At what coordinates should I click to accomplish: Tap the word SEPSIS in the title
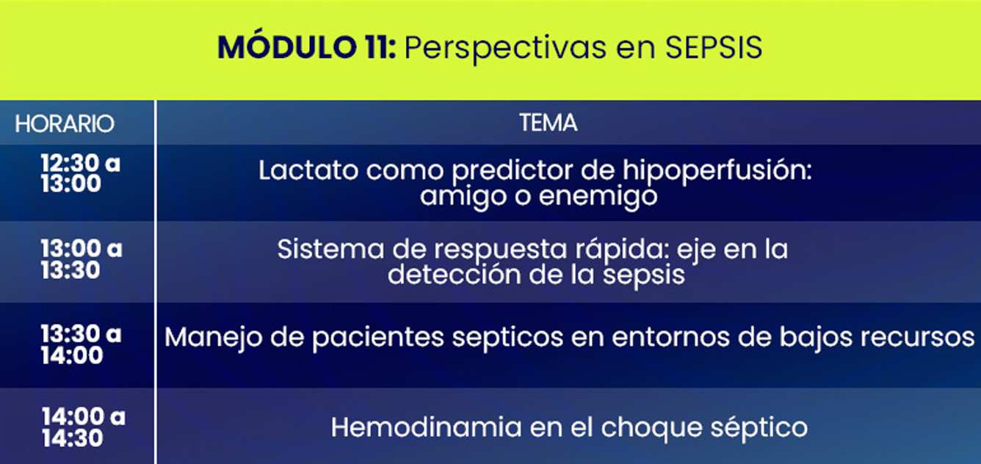[x=714, y=47]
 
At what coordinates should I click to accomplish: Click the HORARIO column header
[x=65, y=124]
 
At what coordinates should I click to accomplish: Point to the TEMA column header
[x=549, y=123]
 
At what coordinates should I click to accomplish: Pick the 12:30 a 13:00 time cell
[x=80, y=173]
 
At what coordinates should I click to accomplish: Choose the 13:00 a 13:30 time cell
[x=81, y=259]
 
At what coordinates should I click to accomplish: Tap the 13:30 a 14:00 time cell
[x=81, y=344]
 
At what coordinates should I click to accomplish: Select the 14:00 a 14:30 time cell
[x=83, y=427]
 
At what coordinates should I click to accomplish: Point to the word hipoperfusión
[x=717, y=172]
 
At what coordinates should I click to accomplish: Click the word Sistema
[x=330, y=249]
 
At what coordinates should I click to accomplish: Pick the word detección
[x=454, y=275]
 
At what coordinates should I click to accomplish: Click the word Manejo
[x=212, y=338]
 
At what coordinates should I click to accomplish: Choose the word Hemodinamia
[x=426, y=427]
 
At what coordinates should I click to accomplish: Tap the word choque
[x=651, y=429]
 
